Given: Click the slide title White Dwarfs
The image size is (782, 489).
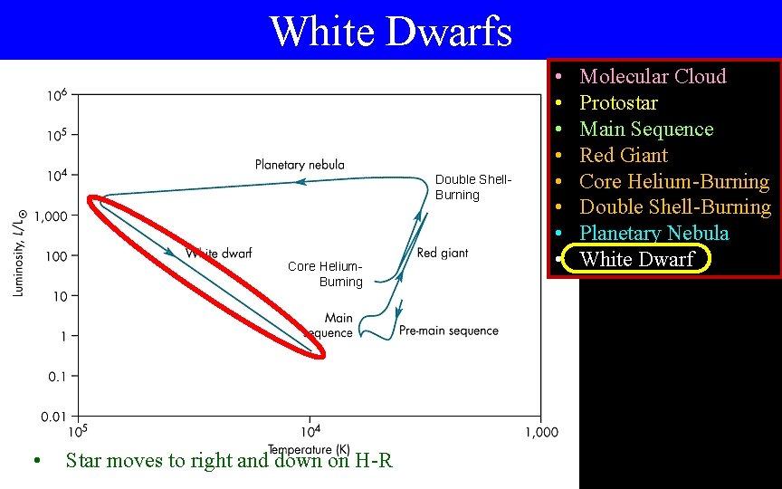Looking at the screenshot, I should [x=390, y=31].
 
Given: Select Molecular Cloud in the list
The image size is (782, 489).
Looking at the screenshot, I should [x=652, y=76].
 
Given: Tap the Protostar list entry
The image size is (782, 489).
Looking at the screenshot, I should [x=618, y=102].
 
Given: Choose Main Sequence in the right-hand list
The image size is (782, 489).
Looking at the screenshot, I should [x=645, y=129].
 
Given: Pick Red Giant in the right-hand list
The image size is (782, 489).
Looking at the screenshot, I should [x=623, y=155].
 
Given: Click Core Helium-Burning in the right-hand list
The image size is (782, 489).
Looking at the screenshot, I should [x=673, y=181].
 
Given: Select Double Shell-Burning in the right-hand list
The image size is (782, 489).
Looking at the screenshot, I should [x=674, y=207].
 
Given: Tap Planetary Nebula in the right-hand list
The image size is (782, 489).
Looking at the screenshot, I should [x=653, y=234].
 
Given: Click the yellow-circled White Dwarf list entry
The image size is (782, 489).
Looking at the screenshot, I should [x=636, y=260].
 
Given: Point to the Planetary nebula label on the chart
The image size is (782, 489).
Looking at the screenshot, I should [x=300, y=165].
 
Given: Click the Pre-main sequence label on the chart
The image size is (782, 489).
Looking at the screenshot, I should [x=449, y=331].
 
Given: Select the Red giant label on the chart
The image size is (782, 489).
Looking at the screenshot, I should [x=443, y=254].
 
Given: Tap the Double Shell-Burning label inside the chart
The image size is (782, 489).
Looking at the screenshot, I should [x=472, y=187].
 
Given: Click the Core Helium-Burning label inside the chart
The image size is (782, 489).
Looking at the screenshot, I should [x=325, y=273].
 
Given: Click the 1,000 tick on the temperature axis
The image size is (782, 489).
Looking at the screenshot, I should [x=540, y=433].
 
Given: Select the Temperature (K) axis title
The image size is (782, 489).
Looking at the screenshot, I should [x=309, y=449].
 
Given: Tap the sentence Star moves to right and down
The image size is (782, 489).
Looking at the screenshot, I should [x=228, y=460].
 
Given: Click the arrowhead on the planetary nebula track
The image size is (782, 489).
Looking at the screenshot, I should [x=300, y=182].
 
